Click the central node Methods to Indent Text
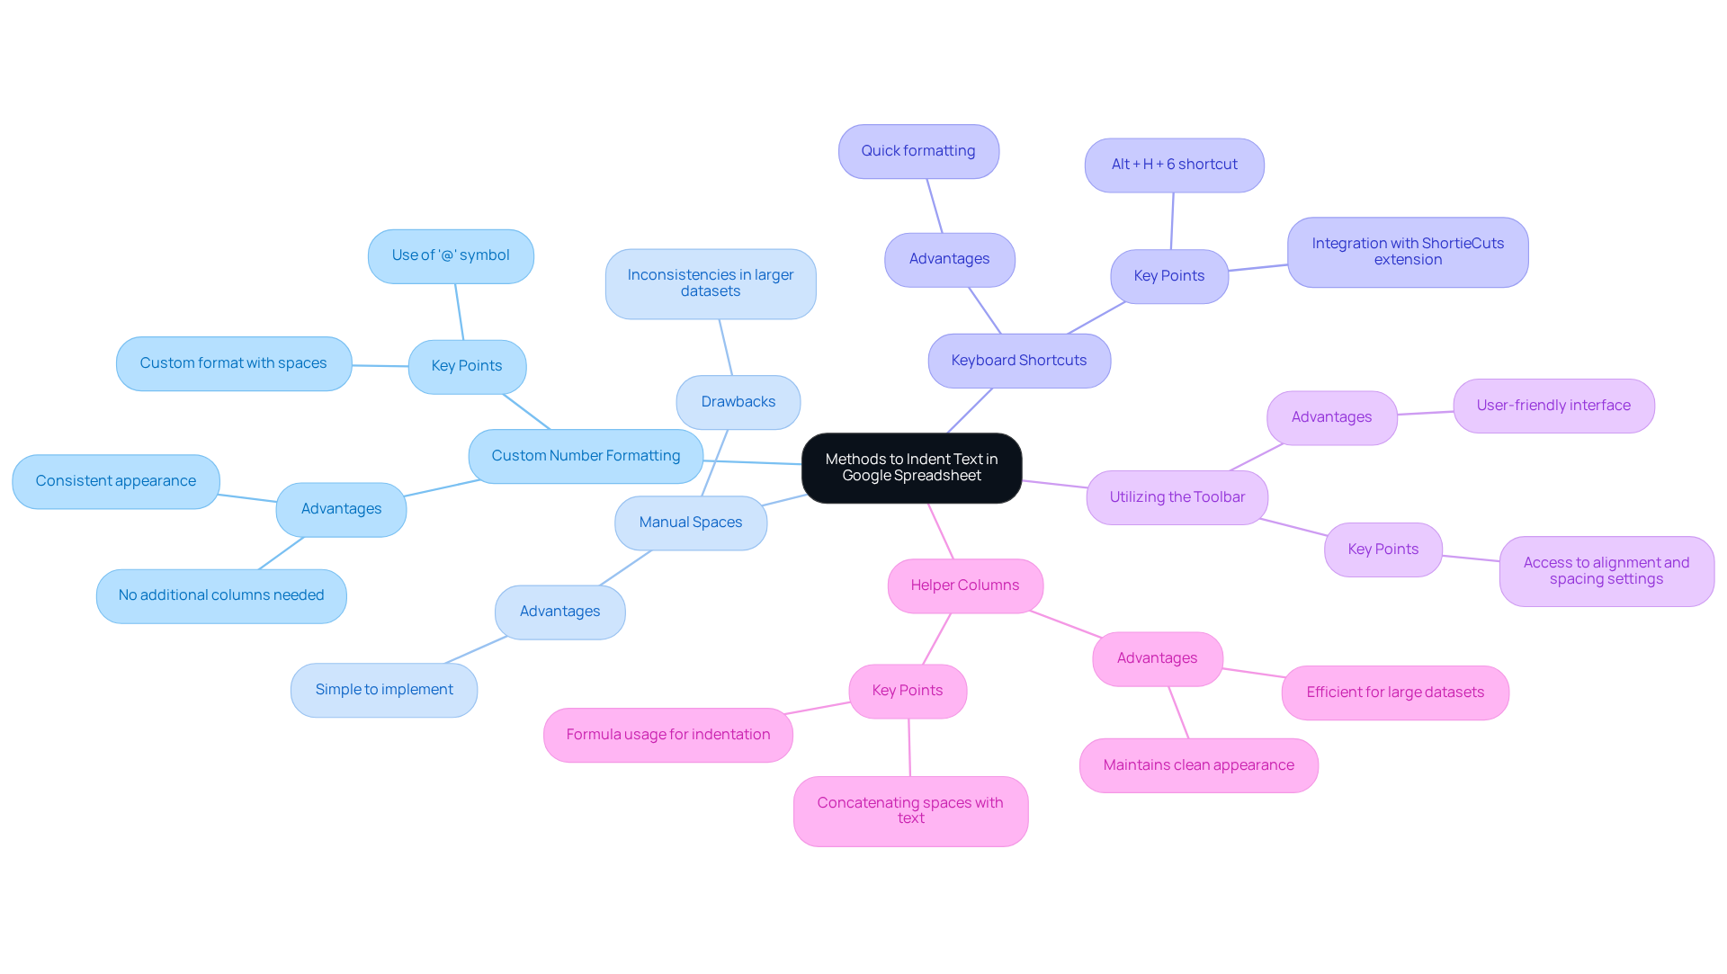[911, 468]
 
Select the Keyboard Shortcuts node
[1019, 361]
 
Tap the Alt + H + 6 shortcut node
[1174, 165]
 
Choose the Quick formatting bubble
[918, 151]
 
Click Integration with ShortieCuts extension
[1408, 252]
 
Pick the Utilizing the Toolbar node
[1177, 497]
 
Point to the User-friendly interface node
[1553, 406]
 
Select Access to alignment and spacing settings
[1606, 571]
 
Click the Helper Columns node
[965, 585]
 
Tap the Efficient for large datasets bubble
[1395, 693]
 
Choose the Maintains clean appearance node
[1198, 765]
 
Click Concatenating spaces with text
[910, 811]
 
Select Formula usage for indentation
[667, 735]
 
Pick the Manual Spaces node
[691, 523]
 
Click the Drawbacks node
[738, 402]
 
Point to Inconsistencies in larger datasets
[711, 283]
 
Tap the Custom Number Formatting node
[586, 456]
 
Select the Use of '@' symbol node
[451, 255]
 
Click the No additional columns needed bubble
[221, 595]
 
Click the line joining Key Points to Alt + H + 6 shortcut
[1172, 221]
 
